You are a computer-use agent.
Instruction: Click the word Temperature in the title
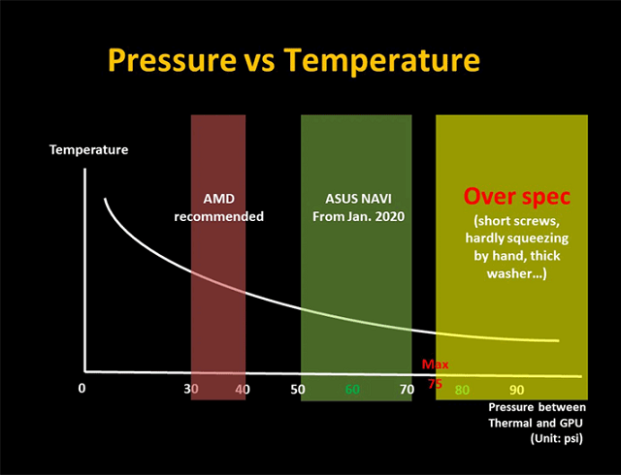[x=383, y=61]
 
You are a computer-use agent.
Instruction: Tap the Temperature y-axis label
[x=89, y=150]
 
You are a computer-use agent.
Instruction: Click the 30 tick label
[x=191, y=390]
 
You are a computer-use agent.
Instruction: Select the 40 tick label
[x=243, y=390]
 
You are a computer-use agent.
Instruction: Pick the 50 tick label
[x=298, y=390]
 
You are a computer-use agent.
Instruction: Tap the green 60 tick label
[x=353, y=390]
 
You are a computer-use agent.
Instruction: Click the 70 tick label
[x=407, y=390]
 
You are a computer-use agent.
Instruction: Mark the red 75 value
[x=435, y=384]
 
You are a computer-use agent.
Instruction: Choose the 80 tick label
[x=463, y=390]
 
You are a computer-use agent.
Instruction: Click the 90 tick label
[x=516, y=390]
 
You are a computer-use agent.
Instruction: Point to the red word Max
[x=434, y=365]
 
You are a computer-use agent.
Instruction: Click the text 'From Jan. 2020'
[x=356, y=216]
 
